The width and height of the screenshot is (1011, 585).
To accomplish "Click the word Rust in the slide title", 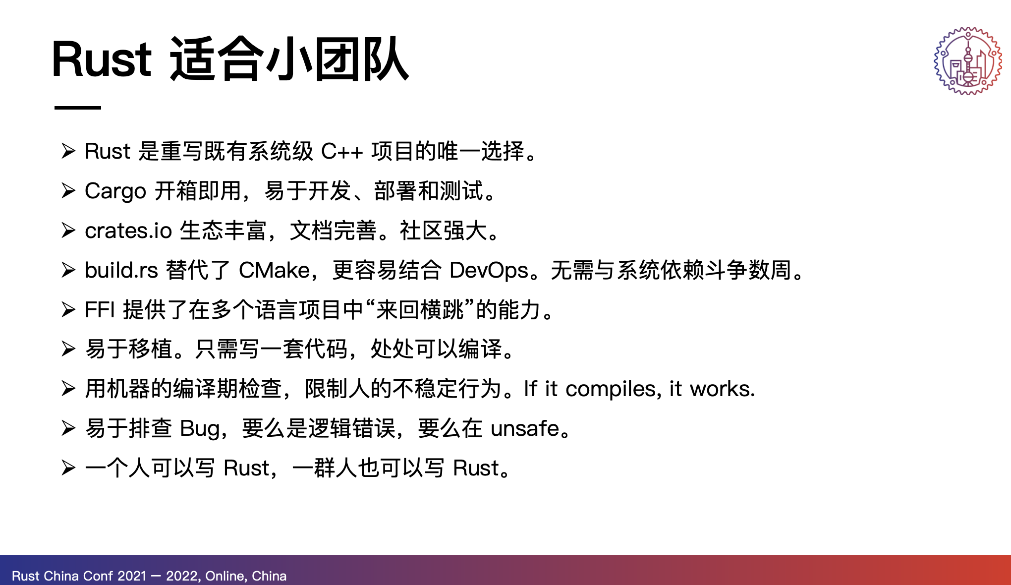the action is click(x=102, y=59).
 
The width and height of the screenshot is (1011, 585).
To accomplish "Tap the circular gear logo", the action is click(x=968, y=60).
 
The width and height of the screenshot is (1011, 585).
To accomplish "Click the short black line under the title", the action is click(x=78, y=108).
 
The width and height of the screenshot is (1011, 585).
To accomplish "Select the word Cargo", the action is click(x=115, y=191).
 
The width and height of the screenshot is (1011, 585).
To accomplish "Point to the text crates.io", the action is click(x=128, y=231).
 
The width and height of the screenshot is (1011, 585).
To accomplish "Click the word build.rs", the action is click(x=121, y=270).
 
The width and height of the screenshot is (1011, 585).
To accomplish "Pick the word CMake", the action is click(x=275, y=270).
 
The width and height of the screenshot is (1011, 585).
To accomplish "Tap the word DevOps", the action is click(x=489, y=271).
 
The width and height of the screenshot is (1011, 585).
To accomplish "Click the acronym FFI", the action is click(x=100, y=310).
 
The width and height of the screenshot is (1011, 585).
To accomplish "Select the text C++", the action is click(x=342, y=152).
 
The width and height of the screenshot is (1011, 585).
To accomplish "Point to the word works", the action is click(x=723, y=389).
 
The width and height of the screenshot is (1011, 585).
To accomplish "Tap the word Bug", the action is click(x=200, y=429).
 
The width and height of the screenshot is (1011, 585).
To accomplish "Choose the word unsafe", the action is click(x=525, y=428).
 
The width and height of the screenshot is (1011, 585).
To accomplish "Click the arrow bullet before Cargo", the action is click(x=68, y=191).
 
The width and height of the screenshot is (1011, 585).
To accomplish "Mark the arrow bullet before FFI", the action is click(x=68, y=309).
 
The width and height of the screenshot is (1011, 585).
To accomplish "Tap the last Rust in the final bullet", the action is click(x=476, y=468).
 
